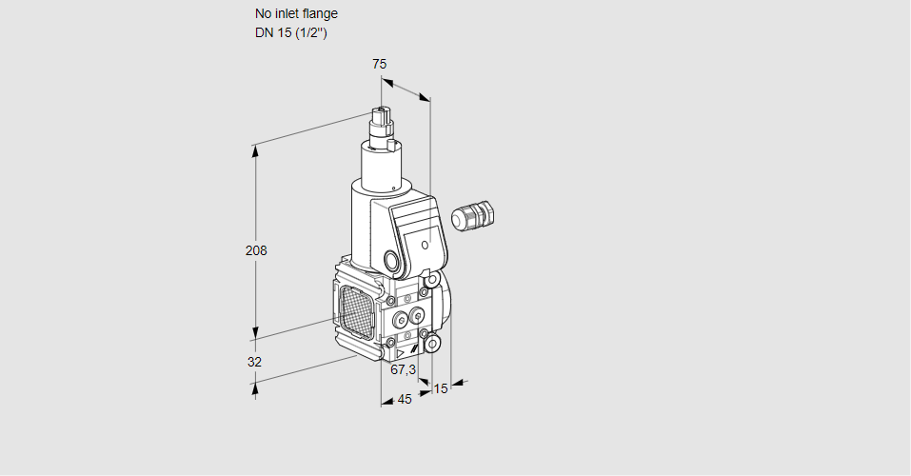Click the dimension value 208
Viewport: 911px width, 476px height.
pyautogui.click(x=256, y=251)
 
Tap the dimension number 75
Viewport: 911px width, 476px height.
pyautogui.click(x=379, y=64)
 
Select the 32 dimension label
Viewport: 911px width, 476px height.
pyautogui.click(x=254, y=362)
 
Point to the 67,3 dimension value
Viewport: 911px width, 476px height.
pyautogui.click(x=404, y=369)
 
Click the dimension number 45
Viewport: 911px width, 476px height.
pyautogui.click(x=405, y=400)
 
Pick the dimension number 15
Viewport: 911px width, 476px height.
pyautogui.click(x=440, y=388)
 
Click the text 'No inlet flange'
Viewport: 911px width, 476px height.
pyautogui.click(x=296, y=13)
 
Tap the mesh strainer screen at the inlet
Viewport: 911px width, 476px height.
pyautogui.click(x=356, y=307)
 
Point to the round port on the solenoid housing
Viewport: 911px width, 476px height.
pyautogui.click(x=392, y=260)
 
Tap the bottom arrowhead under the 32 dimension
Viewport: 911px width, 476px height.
pyautogui.click(x=255, y=385)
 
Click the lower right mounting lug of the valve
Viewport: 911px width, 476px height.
pyautogui.click(x=433, y=342)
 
